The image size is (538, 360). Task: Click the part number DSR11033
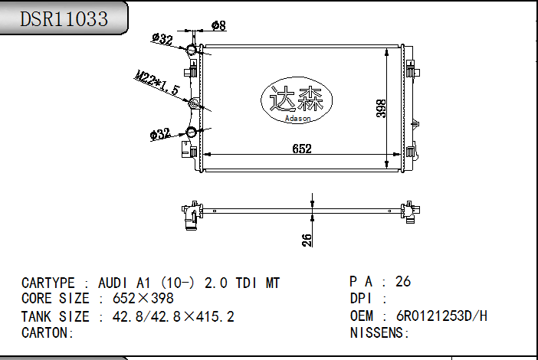tap(64, 19)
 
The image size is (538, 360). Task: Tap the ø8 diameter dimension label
tap(218, 26)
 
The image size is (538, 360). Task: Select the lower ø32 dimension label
tap(160, 135)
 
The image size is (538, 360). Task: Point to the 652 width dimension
tap(302, 149)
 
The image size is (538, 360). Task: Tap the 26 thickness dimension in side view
tap(307, 240)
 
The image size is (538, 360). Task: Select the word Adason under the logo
tap(297, 118)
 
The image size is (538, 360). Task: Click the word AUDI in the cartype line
tap(114, 283)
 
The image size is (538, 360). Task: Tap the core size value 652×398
tap(143, 299)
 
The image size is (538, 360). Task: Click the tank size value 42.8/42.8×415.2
tap(173, 316)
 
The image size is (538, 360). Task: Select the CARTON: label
tap(48, 332)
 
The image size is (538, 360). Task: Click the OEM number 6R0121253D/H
tap(441, 316)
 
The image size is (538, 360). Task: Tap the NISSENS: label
tap(380, 332)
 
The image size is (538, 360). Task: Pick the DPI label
tap(362, 299)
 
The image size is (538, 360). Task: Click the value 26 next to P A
tap(403, 281)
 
